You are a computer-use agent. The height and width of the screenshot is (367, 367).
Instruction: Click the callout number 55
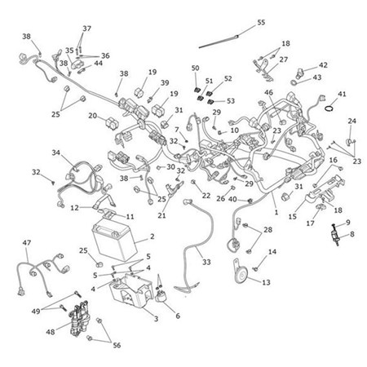pos(261,22)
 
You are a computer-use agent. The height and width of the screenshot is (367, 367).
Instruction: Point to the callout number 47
pos(27,242)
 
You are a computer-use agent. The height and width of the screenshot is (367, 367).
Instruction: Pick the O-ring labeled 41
pos(329,108)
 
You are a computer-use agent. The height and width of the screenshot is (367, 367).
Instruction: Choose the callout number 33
pos(206,262)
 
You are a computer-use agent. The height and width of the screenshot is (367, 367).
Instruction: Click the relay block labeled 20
pos(112,123)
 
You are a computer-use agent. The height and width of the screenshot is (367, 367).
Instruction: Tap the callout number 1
pos(276,212)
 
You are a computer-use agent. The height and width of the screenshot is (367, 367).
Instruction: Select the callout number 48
pos(51,332)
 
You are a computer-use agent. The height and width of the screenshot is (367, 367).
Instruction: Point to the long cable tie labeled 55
pos(219,42)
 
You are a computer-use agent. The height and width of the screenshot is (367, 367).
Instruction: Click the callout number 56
pos(117,345)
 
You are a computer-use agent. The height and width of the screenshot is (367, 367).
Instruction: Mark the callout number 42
pos(323,65)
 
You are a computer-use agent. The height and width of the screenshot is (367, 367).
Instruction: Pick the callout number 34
pos(56,153)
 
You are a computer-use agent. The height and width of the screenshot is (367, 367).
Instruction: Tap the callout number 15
pos(293,216)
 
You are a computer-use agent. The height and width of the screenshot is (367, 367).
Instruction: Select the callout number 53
pos(231,101)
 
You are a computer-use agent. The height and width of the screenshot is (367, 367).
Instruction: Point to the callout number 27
pos(284,60)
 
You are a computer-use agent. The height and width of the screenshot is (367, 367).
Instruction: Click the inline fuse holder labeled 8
pos(335,235)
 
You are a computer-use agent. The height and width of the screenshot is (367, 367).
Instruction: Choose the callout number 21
pos(161,215)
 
